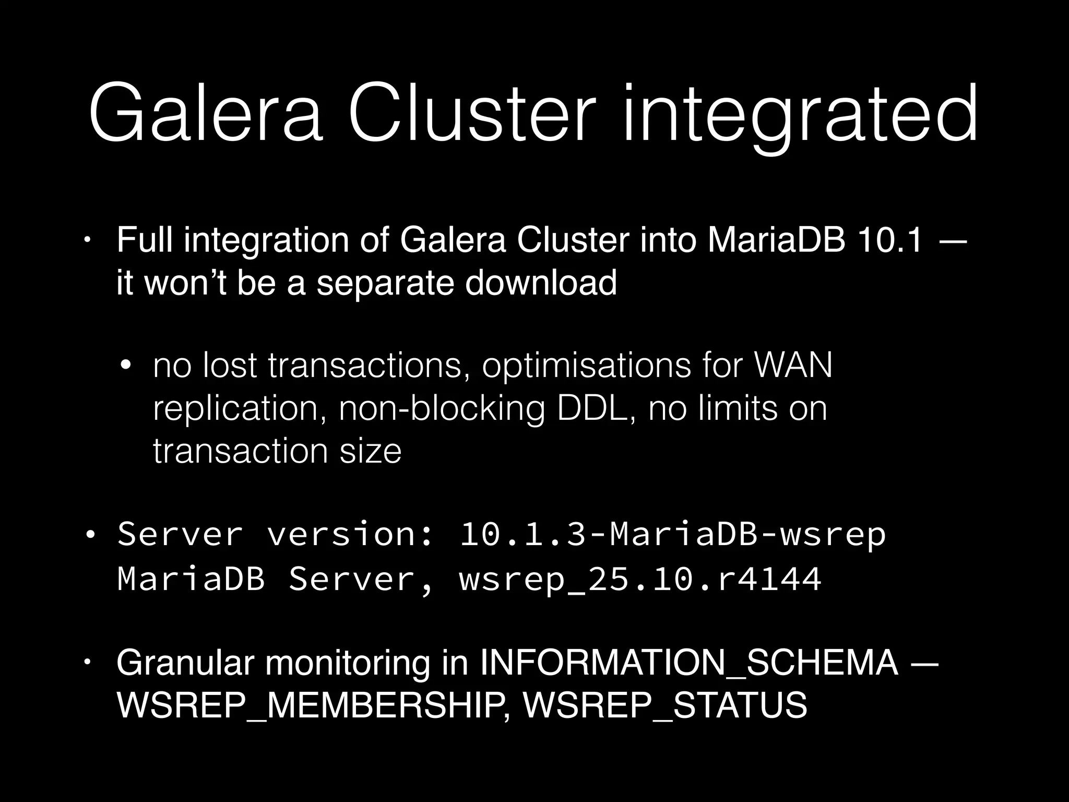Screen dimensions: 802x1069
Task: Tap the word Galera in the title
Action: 206,114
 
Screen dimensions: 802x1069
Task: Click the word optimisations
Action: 586,366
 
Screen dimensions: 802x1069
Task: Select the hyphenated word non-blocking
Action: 442,409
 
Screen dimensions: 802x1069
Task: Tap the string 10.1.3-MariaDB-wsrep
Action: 672,535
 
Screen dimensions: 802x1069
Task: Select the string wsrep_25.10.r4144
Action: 640,579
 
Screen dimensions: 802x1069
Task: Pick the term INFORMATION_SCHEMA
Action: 689,663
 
